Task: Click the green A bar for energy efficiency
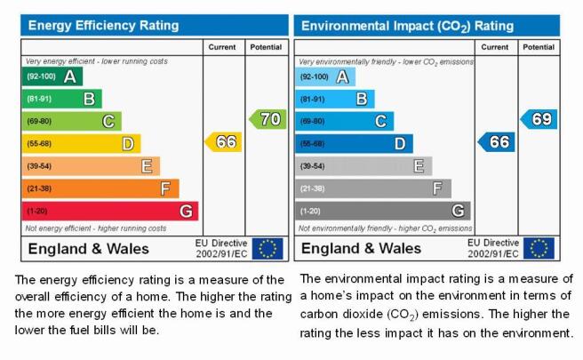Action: coord(52,76)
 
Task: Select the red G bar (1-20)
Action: coord(110,211)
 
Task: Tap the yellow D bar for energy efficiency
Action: coord(82,143)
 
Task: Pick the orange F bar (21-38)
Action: coord(100,188)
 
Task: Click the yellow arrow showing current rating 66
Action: coord(223,141)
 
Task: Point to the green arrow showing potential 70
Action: coord(268,119)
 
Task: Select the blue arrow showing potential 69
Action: coord(539,119)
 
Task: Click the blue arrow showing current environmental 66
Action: coord(496,141)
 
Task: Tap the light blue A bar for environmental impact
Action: coord(325,76)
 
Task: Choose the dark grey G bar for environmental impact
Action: coord(383,211)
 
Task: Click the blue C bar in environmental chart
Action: coord(344,121)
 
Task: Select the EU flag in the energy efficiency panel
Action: coord(268,248)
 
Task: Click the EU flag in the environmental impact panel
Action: coord(539,248)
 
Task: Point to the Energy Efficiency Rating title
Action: coord(103,25)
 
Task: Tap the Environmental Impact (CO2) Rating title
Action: coord(408,26)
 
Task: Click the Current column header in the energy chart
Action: coord(222,47)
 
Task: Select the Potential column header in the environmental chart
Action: coord(539,47)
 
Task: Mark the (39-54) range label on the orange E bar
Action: coord(39,166)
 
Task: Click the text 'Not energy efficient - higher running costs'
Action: coord(96,228)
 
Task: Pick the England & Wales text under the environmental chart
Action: coord(361,248)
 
